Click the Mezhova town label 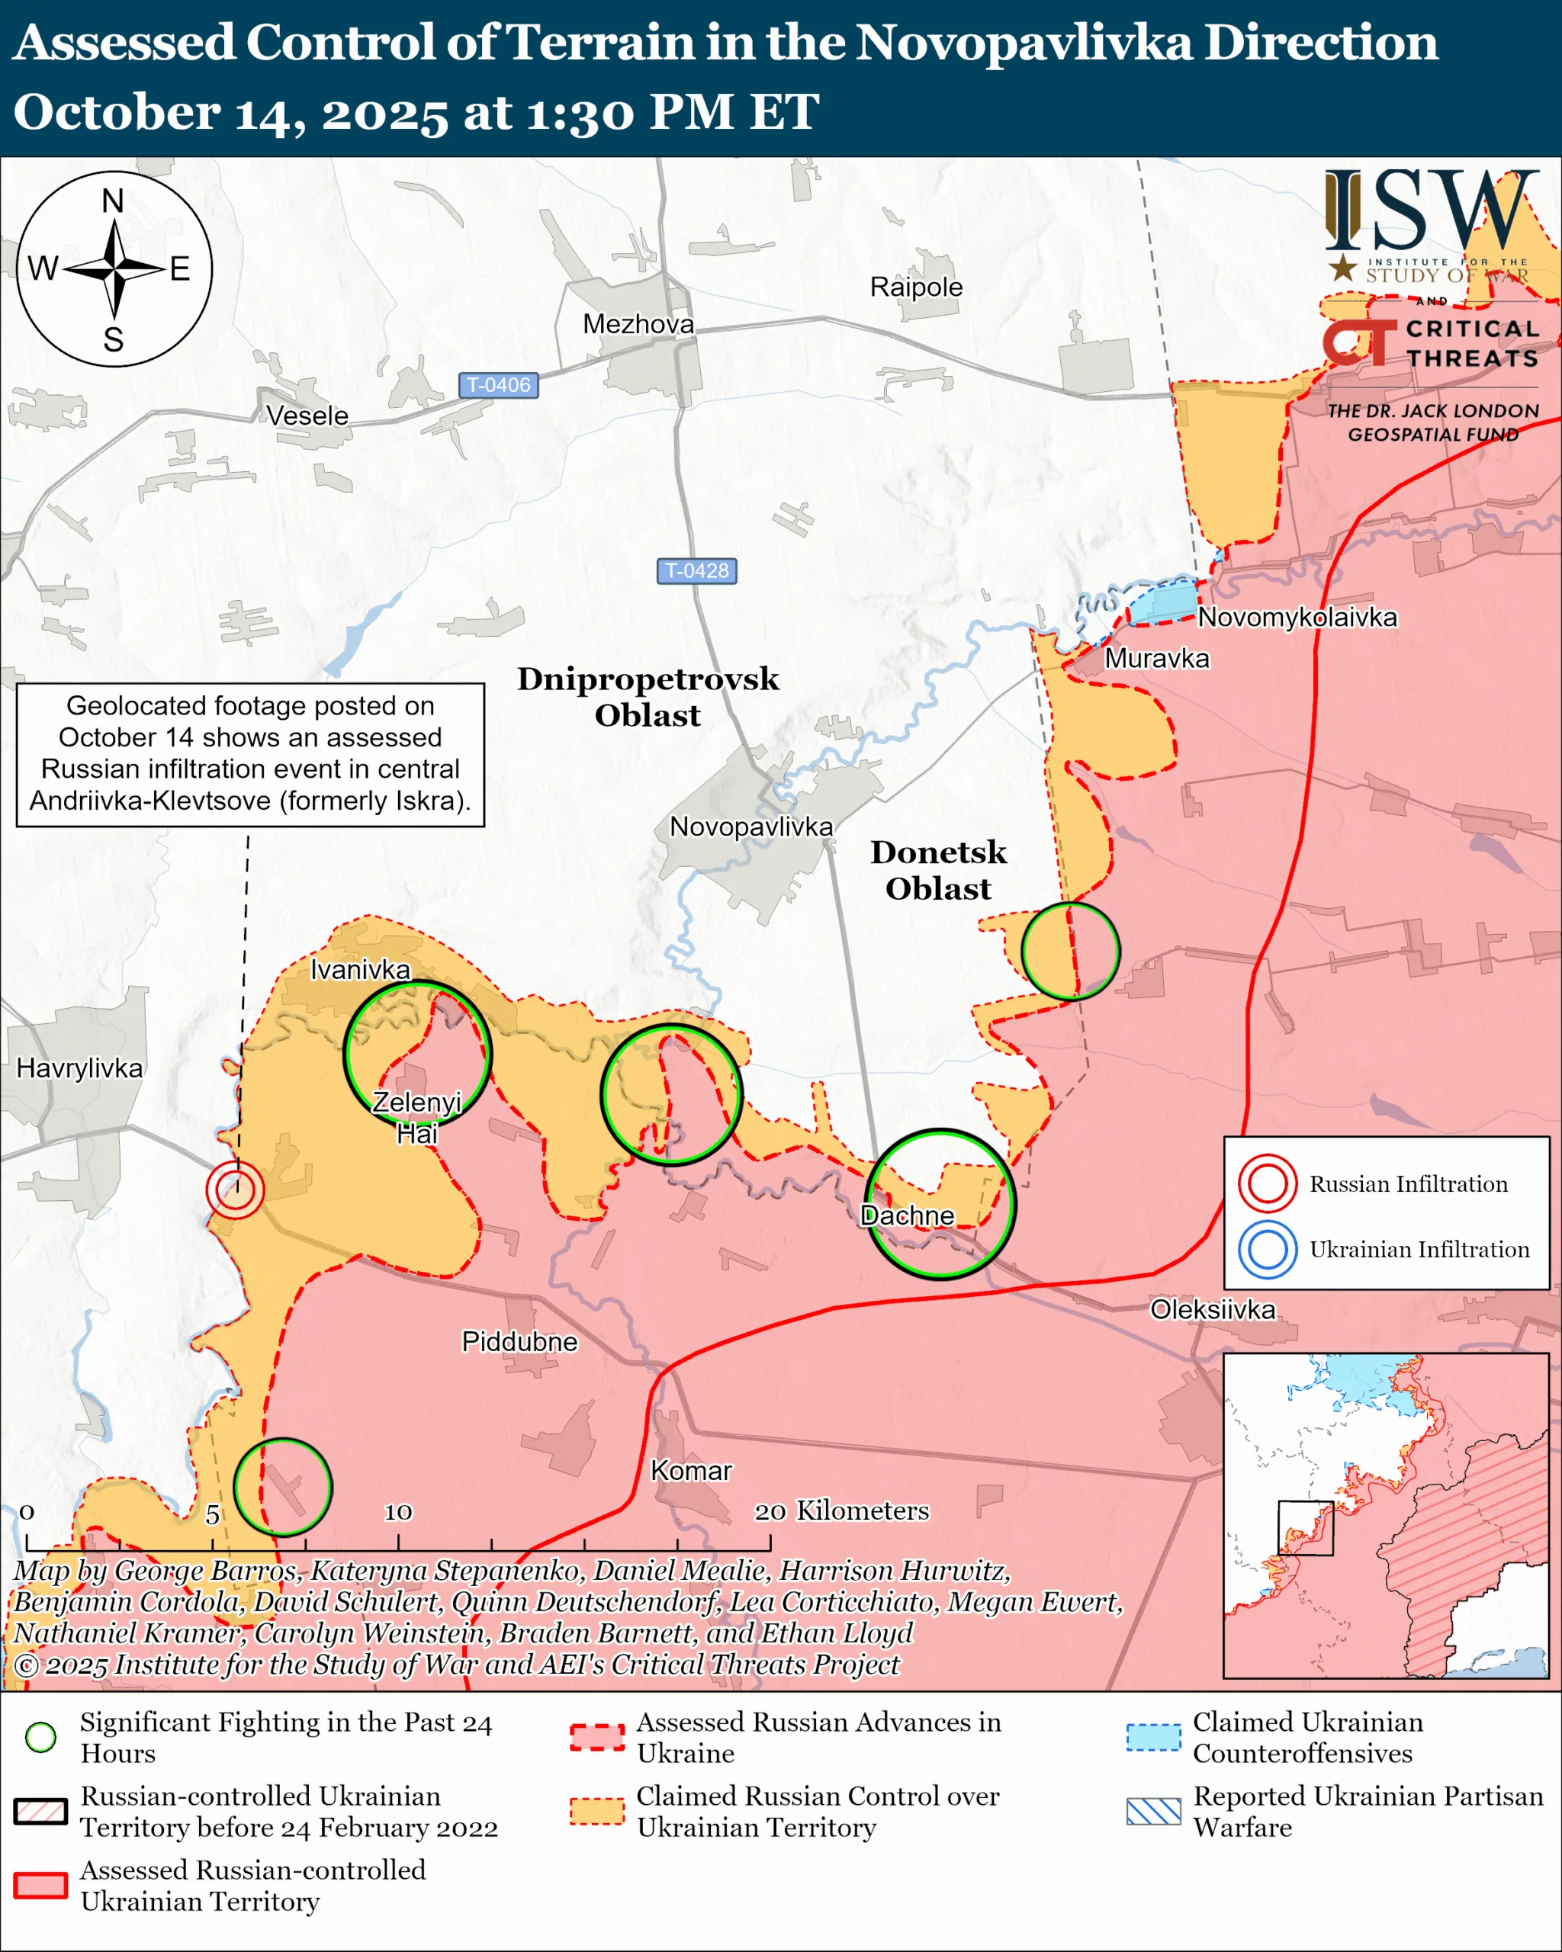[638, 324]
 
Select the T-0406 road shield [498, 385]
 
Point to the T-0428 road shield [696, 570]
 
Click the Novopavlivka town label [750, 827]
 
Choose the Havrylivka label [79, 1068]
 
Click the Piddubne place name [519, 1341]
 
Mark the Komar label [691, 1470]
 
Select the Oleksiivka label [1213, 1309]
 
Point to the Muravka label [1156, 658]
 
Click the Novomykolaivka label [1297, 618]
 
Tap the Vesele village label [307, 416]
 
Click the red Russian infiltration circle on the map [234, 1189]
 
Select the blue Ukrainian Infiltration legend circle [1267, 1250]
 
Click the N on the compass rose [113, 201]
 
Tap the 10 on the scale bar [397, 1511]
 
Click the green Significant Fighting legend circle [40, 1736]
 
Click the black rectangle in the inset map [1305, 1528]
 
